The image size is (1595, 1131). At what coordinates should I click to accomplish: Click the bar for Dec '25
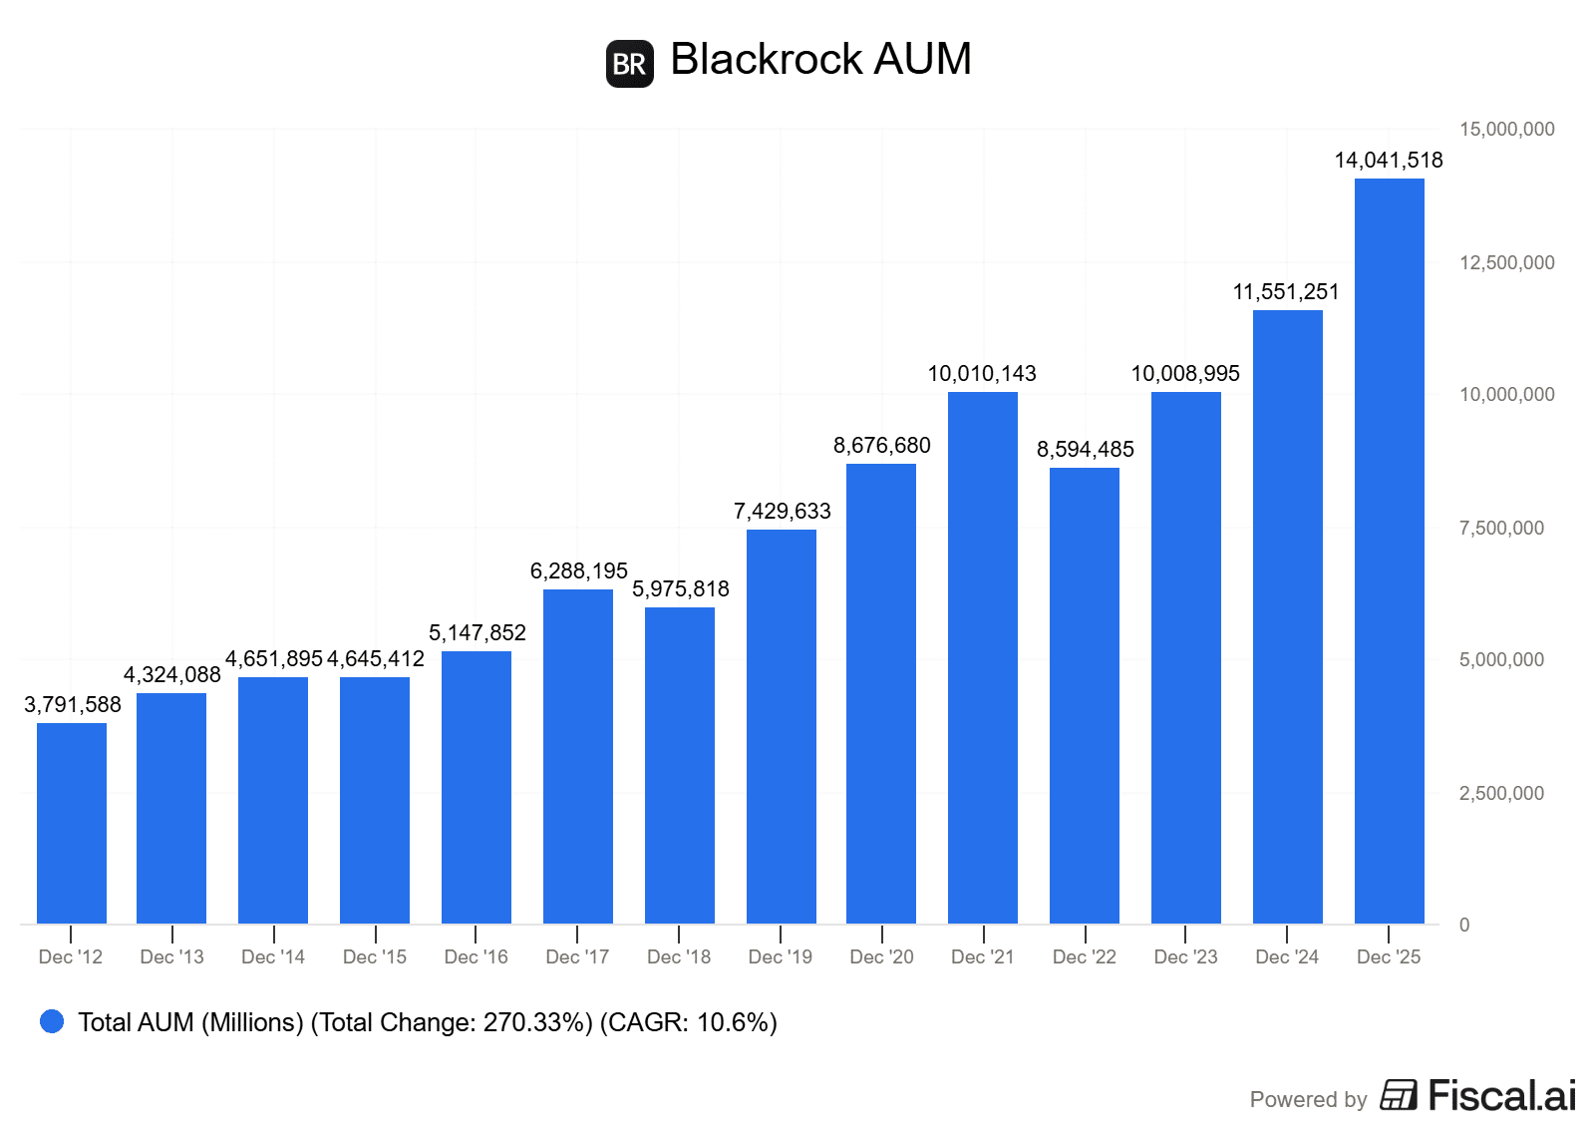(x=1389, y=551)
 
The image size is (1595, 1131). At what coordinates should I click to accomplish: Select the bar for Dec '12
(x=72, y=823)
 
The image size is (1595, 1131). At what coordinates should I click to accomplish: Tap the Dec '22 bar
(x=1085, y=695)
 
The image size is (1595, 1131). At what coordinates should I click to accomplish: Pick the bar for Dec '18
(x=680, y=765)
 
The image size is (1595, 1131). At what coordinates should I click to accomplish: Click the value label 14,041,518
(x=1389, y=160)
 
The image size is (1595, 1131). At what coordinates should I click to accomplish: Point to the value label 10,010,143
(x=982, y=373)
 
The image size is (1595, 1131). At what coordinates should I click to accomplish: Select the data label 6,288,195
(x=578, y=570)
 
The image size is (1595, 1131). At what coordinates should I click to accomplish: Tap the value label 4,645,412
(x=376, y=658)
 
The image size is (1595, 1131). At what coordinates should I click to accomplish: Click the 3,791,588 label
(x=73, y=704)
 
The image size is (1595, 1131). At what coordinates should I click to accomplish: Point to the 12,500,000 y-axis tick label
(x=1506, y=262)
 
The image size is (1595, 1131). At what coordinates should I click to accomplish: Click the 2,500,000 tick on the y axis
(x=1501, y=793)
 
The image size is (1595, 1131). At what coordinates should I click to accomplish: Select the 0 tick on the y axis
(x=1464, y=925)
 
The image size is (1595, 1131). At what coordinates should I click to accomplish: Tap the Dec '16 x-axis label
(x=476, y=956)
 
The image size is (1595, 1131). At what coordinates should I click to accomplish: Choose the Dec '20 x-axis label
(x=881, y=956)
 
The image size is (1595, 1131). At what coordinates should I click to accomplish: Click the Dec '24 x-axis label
(x=1287, y=956)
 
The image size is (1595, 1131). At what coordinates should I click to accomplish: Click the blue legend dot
(x=52, y=1021)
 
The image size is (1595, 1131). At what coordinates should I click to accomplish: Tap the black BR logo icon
(x=630, y=64)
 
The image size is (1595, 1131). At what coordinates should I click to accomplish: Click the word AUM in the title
(x=922, y=59)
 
